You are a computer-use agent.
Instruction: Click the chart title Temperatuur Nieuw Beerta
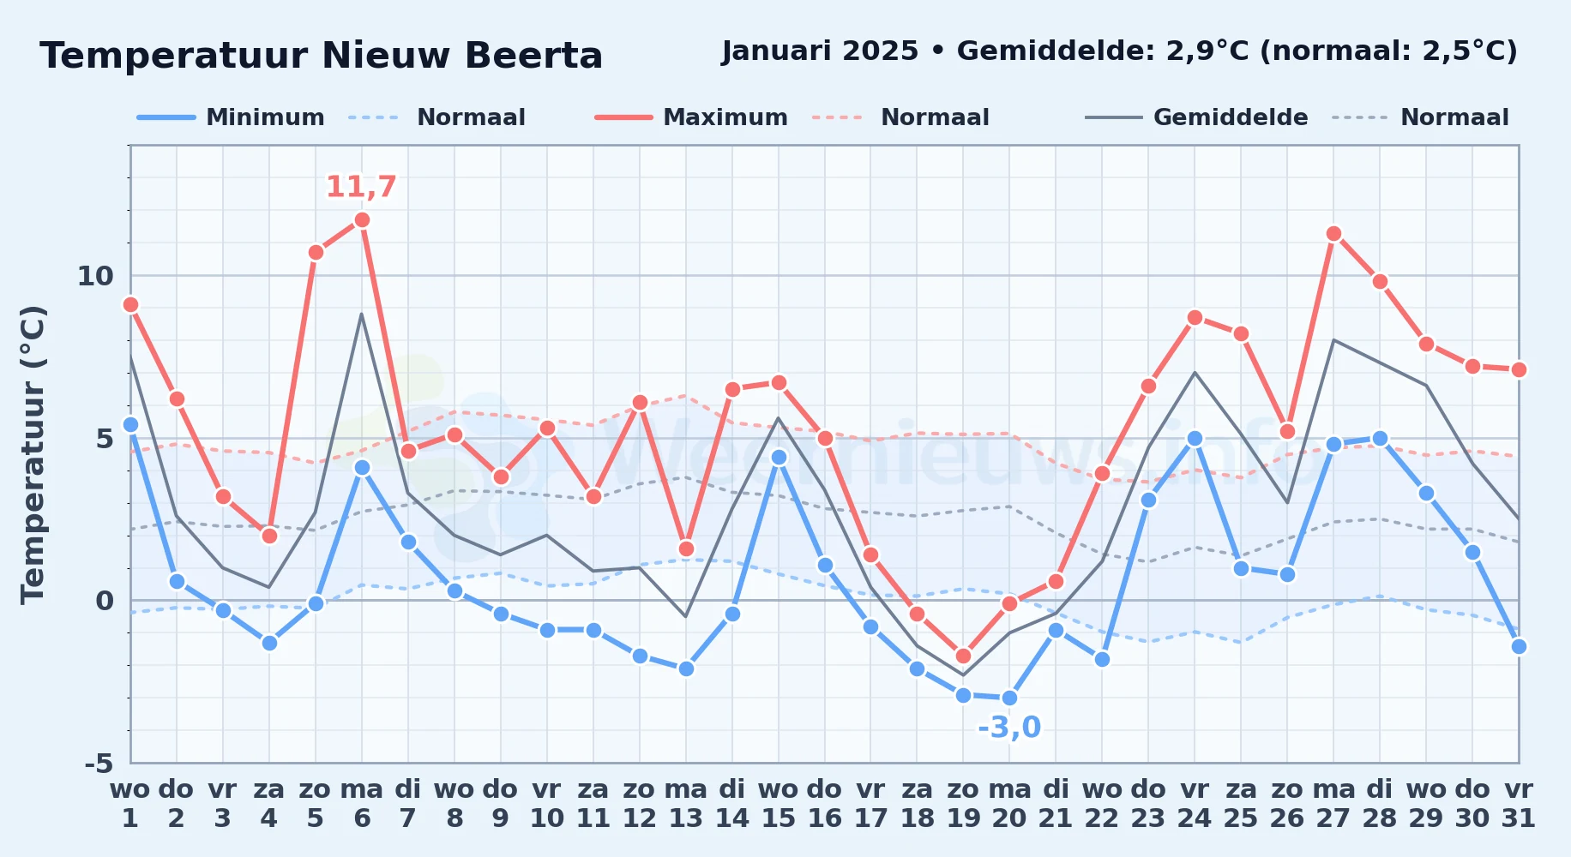(322, 56)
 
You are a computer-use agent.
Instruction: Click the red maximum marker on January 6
(362, 220)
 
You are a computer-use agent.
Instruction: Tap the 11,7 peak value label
(361, 187)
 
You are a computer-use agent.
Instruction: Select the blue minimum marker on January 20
(1009, 698)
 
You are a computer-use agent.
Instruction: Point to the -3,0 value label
(1009, 728)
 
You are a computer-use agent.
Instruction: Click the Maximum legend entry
(692, 117)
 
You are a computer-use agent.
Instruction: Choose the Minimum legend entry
(231, 117)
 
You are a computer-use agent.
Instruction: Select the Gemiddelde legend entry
(1197, 117)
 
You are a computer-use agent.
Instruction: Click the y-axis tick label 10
(95, 276)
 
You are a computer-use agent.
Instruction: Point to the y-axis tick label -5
(99, 763)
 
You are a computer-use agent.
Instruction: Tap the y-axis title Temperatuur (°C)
(33, 454)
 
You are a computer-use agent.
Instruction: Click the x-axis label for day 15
(779, 804)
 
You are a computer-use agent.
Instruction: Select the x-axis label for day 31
(1519, 804)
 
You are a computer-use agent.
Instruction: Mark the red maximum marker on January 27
(1333, 233)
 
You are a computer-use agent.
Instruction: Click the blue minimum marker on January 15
(779, 457)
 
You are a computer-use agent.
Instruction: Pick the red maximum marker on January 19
(963, 656)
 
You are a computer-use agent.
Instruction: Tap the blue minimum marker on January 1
(130, 424)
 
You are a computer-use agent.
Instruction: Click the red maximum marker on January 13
(686, 548)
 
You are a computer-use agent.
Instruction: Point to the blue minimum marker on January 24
(1195, 438)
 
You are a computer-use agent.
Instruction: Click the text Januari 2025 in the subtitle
(820, 51)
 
